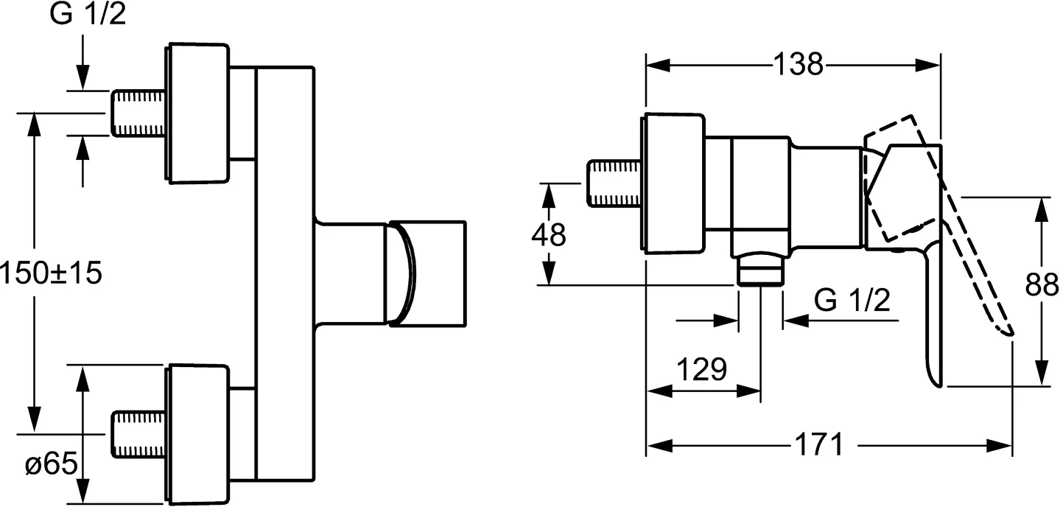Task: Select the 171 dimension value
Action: click(x=818, y=444)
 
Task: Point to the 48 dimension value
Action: click(x=549, y=235)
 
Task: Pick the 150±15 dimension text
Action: click(x=50, y=273)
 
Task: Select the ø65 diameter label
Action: click(x=50, y=464)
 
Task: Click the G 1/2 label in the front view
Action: click(x=88, y=15)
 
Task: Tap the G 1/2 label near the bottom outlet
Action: click(x=853, y=300)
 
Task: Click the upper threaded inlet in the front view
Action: click(x=138, y=113)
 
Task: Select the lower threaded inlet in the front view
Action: click(x=138, y=433)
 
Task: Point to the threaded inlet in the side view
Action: click(x=615, y=183)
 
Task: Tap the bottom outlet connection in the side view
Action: click(x=759, y=270)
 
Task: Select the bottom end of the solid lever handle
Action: click(x=934, y=380)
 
